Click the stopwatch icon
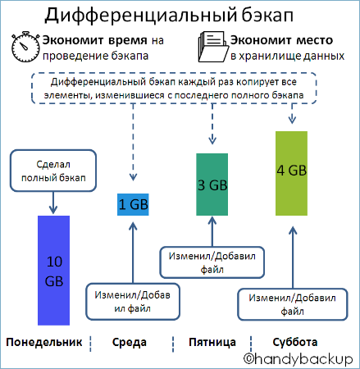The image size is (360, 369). click(25, 48)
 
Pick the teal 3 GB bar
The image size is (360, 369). click(212, 184)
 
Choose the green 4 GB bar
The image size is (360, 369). click(292, 171)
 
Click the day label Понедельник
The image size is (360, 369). click(43, 341)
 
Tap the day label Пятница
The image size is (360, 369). click(212, 341)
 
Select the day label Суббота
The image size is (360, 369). click(295, 341)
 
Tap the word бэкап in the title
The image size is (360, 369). click(275, 15)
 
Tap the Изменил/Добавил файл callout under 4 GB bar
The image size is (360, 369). click(286, 304)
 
